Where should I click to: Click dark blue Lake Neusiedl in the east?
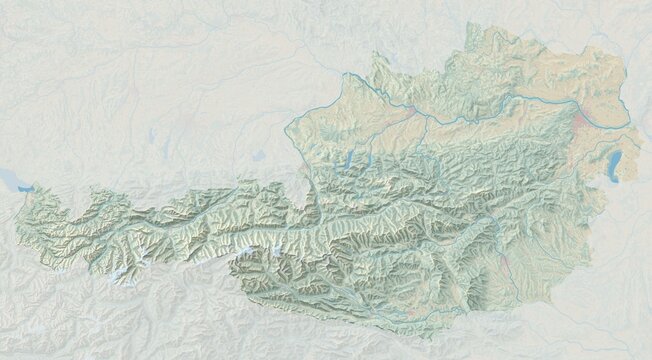coord(610,164)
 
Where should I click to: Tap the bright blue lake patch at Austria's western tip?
coord(22,186)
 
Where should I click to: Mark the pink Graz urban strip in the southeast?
coord(506,262)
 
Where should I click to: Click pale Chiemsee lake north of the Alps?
coord(258,156)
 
